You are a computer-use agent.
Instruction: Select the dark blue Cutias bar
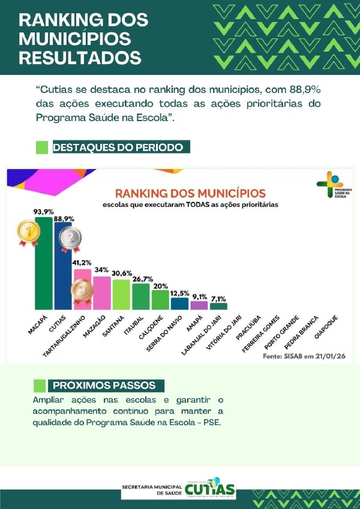[63, 270]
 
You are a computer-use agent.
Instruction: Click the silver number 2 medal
[70, 239]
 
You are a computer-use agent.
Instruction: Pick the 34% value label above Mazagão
[101, 269]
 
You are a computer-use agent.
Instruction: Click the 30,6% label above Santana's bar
[121, 273]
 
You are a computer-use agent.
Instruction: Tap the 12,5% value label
[179, 293]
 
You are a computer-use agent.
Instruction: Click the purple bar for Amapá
[199, 305]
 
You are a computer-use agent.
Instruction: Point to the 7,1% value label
[218, 298]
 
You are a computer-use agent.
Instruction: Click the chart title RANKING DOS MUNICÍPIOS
[190, 194]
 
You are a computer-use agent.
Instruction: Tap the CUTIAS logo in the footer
[210, 489]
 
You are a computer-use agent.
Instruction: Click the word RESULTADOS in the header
[80, 58]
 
